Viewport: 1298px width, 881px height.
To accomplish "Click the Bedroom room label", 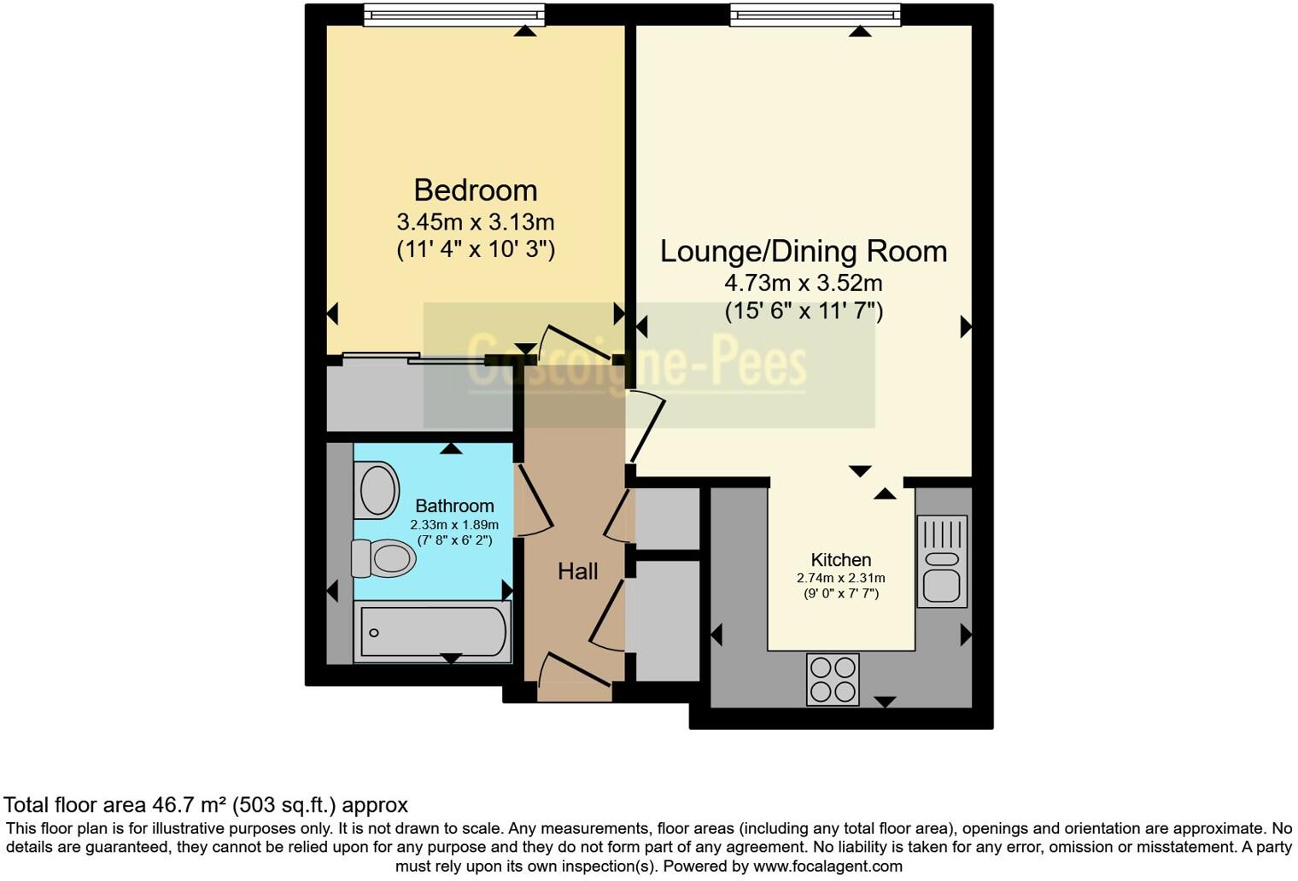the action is point(476,190).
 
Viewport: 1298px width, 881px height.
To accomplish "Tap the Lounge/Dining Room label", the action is point(804,252).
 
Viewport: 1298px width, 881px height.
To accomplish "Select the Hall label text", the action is point(577,572).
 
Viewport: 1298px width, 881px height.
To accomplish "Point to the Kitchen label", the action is point(841,560).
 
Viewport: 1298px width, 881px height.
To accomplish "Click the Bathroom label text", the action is point(455,506).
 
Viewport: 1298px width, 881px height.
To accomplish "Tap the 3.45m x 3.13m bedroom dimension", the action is point(476,222).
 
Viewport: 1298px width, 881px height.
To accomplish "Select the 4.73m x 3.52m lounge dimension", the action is point(804,283).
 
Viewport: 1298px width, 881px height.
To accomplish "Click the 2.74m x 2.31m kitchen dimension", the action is point(841,578).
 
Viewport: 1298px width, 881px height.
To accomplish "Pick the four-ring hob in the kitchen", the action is point(833,680).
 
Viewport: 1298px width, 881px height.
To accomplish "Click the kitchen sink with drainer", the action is point(942,561).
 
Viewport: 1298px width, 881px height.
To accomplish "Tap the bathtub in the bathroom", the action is point(433,632).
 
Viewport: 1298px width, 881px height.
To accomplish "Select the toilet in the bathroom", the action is point(383,558).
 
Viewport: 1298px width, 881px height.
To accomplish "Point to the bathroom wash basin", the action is point(377,490).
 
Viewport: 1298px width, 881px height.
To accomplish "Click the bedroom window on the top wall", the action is point(454,15).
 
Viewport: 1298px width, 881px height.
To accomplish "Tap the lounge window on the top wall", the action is point(816,15).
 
